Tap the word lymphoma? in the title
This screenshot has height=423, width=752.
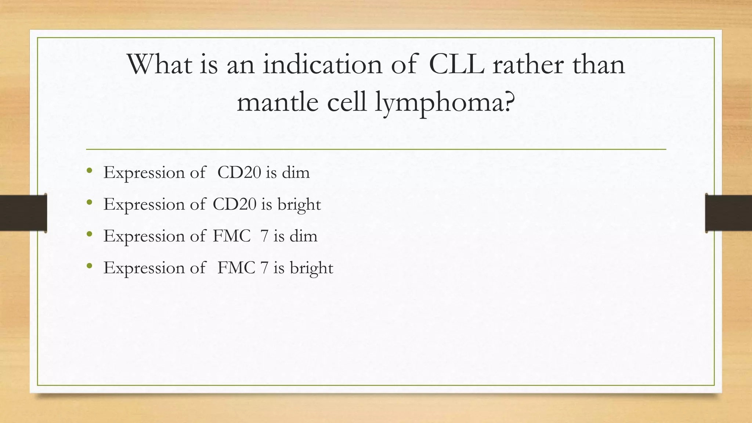445,102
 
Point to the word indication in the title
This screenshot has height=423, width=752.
322,65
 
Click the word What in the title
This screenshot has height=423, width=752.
159,65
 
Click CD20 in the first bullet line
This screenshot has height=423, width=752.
239,173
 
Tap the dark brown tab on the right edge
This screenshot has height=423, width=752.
728,213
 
